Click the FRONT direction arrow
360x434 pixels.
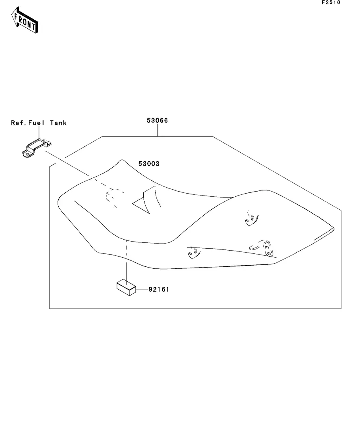click(x=24, y=20)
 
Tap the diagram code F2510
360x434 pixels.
click(x=331, y=2)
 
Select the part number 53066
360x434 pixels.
click(x=157, y=120)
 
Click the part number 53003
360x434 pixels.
click(x=149, y=164)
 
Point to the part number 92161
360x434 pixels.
click(x=159, y=289)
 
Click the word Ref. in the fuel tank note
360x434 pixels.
click(x=19, y=123)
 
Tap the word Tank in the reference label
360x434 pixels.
click(x=58, y=123)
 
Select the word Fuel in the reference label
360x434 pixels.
click(x=36, y=123)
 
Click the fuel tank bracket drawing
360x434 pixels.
click(x=37, y=148)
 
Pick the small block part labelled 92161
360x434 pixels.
click(x=126, y=288)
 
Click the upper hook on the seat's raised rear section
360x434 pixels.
click(x=252, y=219)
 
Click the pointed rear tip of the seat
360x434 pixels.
click(x=334, y=229)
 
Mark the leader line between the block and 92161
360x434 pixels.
click(x=142, y=289)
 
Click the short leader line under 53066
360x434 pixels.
click(x=158, y=130)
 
